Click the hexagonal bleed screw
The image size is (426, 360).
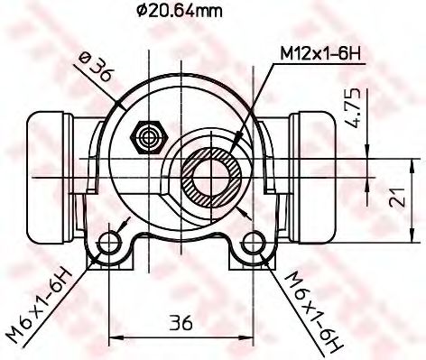pos(145,138)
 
